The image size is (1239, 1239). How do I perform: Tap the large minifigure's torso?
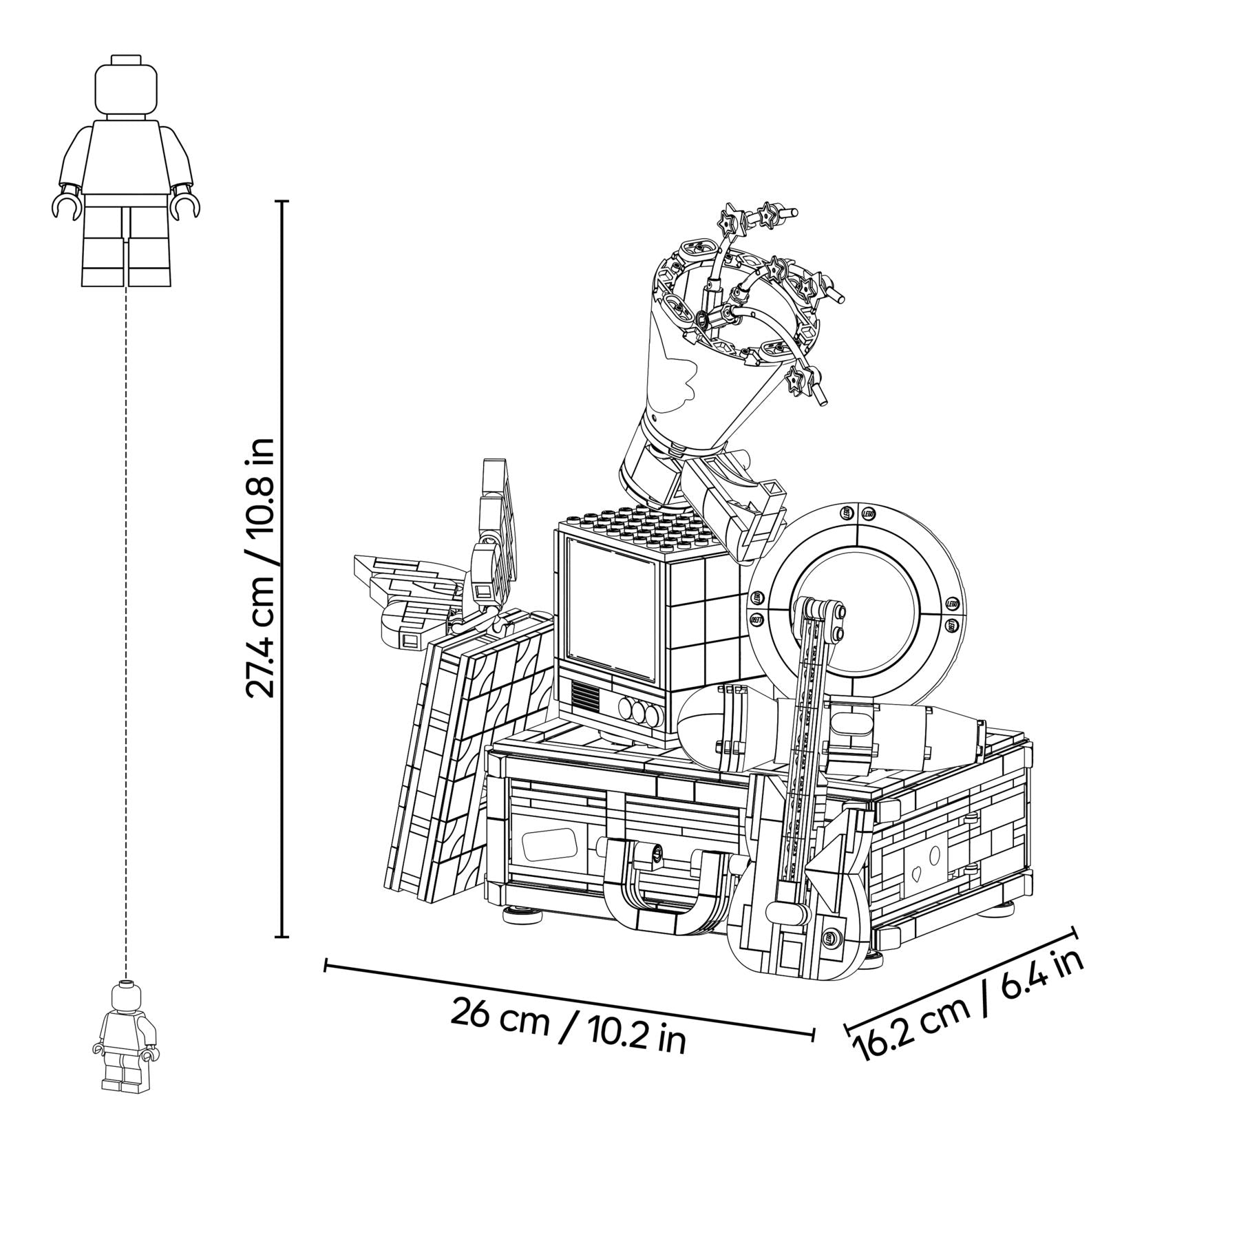pos(125,158)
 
